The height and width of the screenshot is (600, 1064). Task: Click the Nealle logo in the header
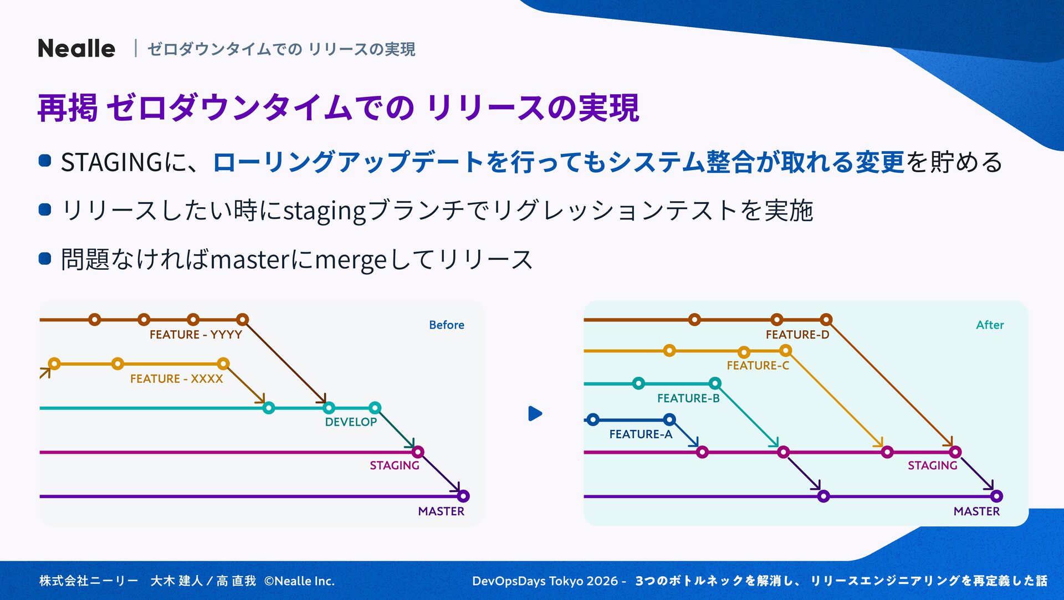[76, 49]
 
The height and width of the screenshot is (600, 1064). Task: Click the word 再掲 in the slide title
[68, 107]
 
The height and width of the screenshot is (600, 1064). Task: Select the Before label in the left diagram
[446, 325]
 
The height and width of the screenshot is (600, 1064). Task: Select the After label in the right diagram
[990, 325]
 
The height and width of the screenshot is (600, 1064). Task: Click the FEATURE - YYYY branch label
[196, 335]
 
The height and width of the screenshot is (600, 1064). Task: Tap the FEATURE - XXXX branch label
[176, 379]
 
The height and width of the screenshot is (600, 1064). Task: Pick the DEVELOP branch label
[351, 422]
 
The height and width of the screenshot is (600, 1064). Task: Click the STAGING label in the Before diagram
[395, 465]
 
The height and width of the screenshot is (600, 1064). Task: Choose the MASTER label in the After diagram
[976, 511]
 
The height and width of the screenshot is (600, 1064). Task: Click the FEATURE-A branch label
[641, 434]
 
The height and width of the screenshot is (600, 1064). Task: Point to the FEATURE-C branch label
[758, 366]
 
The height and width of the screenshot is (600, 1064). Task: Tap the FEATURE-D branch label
[797, 335]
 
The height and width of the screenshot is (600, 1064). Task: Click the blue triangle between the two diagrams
[535, 414]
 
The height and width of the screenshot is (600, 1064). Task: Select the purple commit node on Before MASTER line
[463, 496]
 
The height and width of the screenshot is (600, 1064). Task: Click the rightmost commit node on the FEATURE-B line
[715, 383]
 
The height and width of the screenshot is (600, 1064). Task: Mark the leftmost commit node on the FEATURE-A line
[593, 419]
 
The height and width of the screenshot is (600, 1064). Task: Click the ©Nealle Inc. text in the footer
[299, 581]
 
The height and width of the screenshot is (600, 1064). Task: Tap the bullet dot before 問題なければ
[45, 259]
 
